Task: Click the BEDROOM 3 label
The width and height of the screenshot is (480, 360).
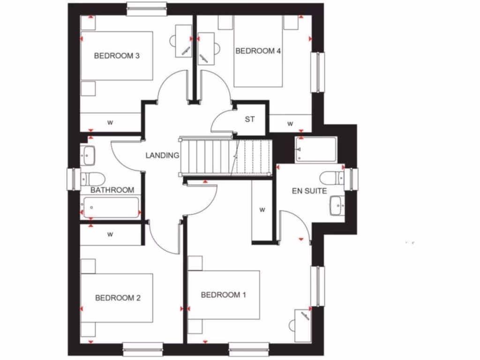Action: (117, 56)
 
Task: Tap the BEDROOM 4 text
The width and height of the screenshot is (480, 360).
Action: (258, 51)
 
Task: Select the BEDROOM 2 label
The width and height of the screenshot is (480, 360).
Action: (118, 298)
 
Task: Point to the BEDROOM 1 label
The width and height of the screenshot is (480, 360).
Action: (224, 295)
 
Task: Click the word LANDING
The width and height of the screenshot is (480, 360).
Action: (162, 155)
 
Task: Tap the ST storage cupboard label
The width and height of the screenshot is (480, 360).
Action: (250, 119)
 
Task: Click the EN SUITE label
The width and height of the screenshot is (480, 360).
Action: (309, 191)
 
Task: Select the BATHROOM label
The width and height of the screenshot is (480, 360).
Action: (112, 190)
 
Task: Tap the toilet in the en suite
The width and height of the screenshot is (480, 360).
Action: (332, 178)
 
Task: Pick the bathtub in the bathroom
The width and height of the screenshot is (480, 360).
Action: (112, 208)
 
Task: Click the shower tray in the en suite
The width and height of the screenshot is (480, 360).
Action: (316, 150)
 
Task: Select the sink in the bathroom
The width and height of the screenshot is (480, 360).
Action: (89, 155)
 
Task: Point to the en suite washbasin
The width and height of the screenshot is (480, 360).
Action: (337, 205)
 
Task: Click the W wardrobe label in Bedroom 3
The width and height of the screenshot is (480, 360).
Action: (110, 123)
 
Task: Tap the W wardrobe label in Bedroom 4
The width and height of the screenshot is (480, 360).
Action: (290, 124)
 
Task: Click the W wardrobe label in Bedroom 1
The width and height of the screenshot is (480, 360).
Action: (262, 210)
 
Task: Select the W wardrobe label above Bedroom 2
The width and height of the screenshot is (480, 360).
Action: (110, 234)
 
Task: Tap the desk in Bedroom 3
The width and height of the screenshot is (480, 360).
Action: (183, 41)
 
